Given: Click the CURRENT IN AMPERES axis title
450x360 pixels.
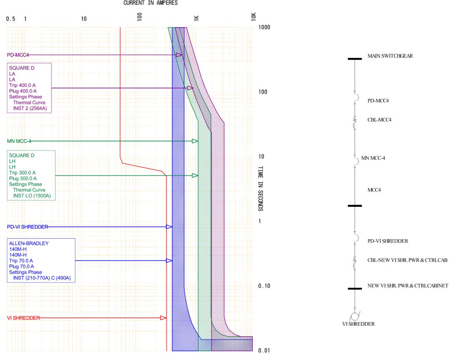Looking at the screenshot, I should tap(150, 3).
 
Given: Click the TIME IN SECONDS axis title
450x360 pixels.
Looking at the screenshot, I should tap(261, 189).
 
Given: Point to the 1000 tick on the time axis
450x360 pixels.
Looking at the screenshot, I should tap(264, 27).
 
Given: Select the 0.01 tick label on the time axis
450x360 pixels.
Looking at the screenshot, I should tap(264, 351).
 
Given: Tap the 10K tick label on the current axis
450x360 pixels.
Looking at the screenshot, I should tap(254, 17).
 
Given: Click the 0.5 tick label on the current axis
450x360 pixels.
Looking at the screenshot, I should tap(11, 19).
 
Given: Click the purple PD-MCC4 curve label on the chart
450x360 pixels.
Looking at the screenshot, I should tap(18, 55).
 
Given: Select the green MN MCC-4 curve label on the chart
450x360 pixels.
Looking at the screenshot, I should tap(19, 141).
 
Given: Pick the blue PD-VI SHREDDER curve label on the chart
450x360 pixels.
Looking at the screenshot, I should tap(27, 227).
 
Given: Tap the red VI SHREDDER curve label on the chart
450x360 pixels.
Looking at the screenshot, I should tap(23, 318).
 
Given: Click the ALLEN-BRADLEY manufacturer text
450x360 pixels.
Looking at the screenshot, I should tap(29, 243).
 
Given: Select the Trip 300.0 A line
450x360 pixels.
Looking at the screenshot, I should tap(22, 173).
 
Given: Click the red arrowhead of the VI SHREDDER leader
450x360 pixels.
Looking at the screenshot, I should tap(163, 318).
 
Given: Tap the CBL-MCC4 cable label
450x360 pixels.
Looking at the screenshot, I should tap(379, 120).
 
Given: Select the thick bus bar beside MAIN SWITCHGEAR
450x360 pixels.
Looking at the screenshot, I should tap(354, 59).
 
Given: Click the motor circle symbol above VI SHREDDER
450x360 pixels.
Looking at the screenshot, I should tap(355, 316).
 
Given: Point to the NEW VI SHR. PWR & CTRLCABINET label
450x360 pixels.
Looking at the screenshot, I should tap(407, 286).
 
